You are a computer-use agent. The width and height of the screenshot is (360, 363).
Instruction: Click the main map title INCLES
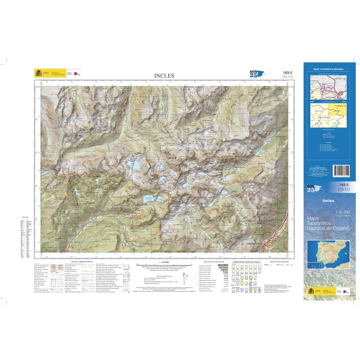click(164, 76)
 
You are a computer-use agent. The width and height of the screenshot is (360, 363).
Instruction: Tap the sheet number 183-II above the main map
click(287, 73)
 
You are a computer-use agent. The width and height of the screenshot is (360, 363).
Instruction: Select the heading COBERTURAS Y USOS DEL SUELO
click(245, 262)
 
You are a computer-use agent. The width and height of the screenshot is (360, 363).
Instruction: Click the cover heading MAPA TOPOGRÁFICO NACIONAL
click(328, 69)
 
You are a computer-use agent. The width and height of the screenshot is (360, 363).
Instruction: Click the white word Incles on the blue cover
click(328, 201)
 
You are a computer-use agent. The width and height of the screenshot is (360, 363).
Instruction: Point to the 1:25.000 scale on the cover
click(342, 212)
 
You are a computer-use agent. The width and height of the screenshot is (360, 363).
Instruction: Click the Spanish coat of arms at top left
click(38, 73)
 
